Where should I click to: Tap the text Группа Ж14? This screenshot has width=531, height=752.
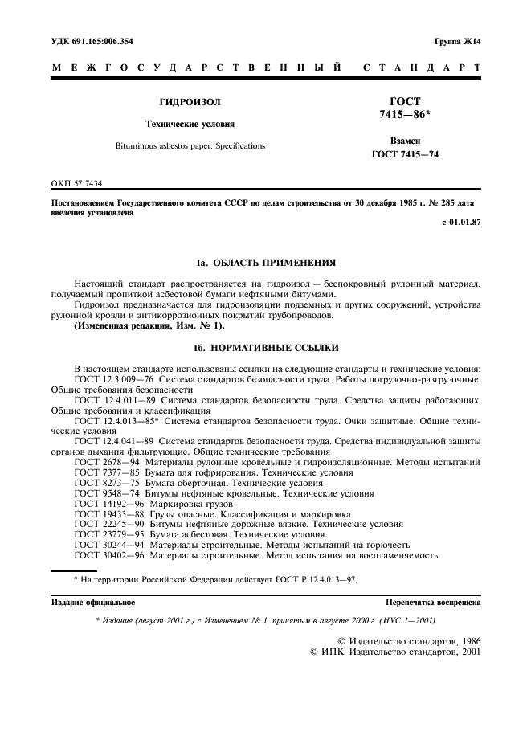click(457, 41)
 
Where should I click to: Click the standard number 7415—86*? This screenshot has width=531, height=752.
click(405, 116)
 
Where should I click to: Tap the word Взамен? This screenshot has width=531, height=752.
click(405, 140)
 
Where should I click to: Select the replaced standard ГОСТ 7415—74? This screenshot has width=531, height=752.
click(405, 154)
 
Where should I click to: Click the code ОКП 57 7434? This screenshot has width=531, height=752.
click(77, 184)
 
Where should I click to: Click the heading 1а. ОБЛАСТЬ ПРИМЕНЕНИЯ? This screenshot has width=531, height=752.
click(266, 263)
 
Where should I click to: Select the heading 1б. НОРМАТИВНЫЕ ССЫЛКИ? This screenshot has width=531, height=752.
click(266, 348)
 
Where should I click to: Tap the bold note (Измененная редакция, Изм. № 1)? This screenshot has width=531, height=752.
click(149, 326)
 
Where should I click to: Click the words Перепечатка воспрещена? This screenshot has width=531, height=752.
click(433, 602)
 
